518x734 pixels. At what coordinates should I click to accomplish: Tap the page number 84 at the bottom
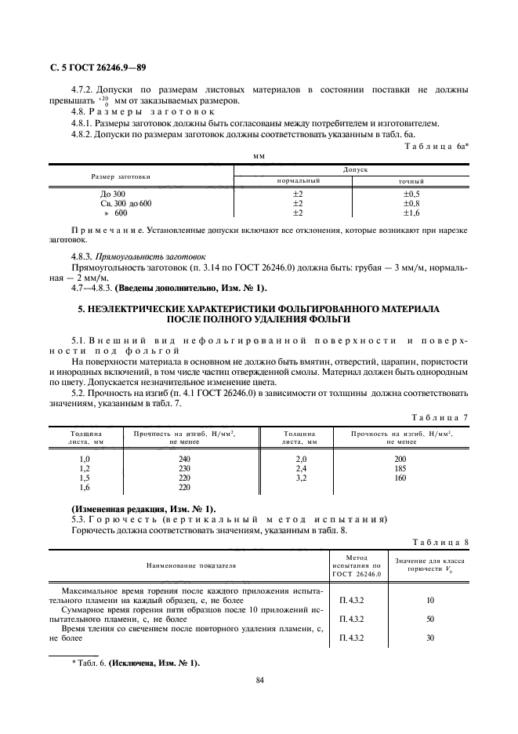click(x=259, y=680)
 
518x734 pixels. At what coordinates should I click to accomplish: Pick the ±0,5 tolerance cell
click(x=411, y=193)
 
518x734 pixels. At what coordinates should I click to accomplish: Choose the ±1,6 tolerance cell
click(x=411, y=213)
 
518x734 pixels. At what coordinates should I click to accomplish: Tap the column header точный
click(x=411, y=180)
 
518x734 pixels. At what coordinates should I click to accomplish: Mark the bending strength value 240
click(x=184, y=459)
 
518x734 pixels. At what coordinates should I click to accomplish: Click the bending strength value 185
click(x=400, y=468)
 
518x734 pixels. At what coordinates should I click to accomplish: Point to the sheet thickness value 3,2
click(x=299, y=478)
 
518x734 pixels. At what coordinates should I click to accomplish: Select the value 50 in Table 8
click(x=429, y=620)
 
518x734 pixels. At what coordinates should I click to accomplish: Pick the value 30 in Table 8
click(x=429, y=638)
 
